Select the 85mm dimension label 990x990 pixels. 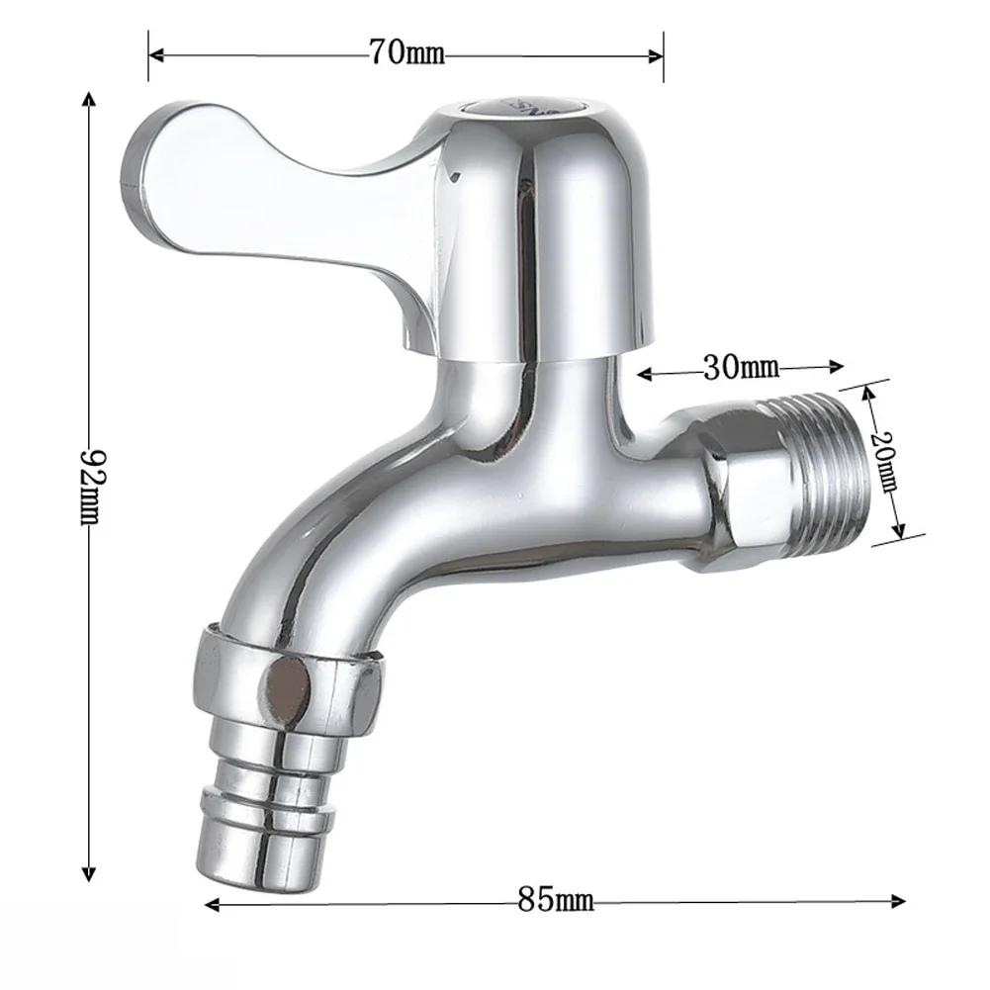coord(555,901)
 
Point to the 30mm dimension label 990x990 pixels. coord(741,369)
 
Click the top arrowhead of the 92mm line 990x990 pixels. coord(90,99)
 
